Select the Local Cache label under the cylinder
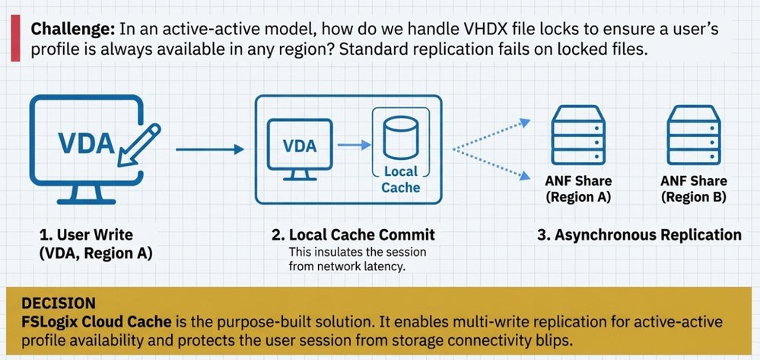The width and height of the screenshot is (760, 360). (x=401, y=180)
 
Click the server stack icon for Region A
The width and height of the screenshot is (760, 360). (x=579, y=137)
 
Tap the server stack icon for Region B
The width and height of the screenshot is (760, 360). (x=694, y=137)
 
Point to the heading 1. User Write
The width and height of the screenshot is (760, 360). (x=84, y=234)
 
